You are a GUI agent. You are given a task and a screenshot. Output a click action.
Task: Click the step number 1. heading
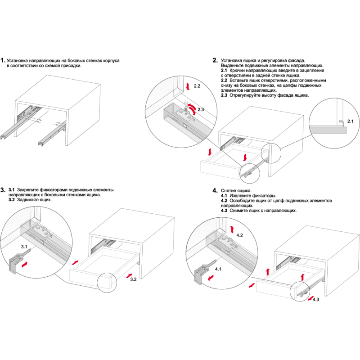coord(3,61)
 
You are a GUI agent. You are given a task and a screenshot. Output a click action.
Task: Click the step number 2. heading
coord(215,60)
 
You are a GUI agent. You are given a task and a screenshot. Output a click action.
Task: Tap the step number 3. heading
coord(3,190)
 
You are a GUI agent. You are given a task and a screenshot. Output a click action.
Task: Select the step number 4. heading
coord(215,190)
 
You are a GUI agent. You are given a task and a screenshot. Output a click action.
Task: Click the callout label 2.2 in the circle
coord(197,86)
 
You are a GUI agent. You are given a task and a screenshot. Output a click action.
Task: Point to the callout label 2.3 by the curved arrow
coord(201,109)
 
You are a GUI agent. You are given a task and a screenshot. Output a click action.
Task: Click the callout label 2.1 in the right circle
coord(351,121)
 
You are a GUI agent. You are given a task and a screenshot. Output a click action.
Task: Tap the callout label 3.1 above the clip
coord(24,247)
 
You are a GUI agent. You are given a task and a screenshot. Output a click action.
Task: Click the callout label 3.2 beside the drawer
coord(133,279)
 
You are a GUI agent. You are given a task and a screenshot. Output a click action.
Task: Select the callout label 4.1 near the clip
coord(218,269)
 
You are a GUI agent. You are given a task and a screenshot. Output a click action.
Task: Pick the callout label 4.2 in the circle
coord(239,235)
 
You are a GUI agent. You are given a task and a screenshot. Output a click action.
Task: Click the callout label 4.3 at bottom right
coord(316,300)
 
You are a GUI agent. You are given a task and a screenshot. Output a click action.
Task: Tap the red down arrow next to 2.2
coord(188,86)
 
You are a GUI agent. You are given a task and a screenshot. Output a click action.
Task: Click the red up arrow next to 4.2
coord(232,229)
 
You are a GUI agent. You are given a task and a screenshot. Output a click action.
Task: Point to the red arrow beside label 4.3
coord(310,298)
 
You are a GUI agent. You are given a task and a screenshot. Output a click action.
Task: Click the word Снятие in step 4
coord(228,190)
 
